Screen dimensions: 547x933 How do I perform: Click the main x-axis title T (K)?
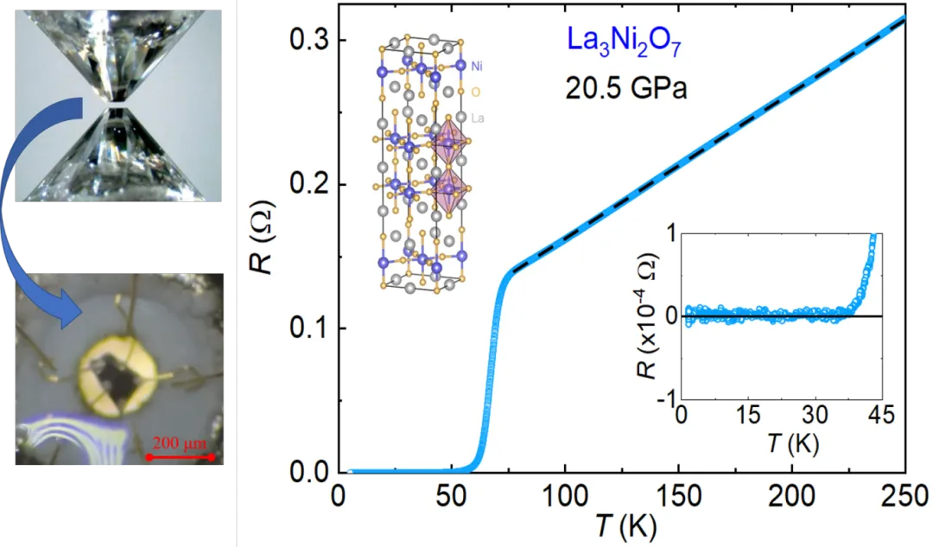(620, 527)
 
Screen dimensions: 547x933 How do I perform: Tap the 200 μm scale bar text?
(181, 443)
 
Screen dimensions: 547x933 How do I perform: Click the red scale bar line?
(180, 456)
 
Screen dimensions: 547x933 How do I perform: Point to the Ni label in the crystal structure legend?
(478, 66)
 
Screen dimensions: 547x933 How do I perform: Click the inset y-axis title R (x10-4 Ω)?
(643, 315)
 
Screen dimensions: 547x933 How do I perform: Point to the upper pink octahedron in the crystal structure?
(448, 143)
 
